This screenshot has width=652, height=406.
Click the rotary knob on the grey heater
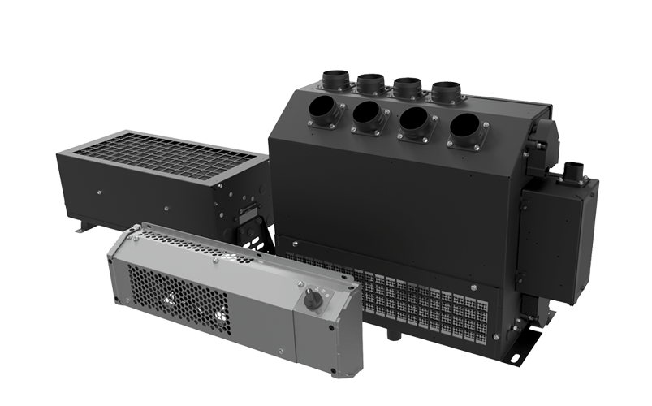[312, 301]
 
